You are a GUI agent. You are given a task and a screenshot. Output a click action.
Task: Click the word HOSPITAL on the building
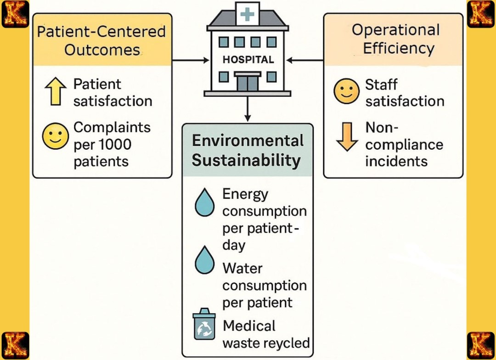point(248,60)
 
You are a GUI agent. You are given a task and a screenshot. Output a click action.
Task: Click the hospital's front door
point(247,83)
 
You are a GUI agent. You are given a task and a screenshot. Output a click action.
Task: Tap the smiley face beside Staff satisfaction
point(346,92)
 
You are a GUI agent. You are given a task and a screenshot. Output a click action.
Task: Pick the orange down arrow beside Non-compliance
point(347,136)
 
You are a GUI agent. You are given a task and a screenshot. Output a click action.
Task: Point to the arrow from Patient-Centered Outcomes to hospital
point(190,60)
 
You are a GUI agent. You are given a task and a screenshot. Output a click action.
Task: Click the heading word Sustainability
point(246,161)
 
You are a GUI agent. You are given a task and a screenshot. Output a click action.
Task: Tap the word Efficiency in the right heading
point(399,49)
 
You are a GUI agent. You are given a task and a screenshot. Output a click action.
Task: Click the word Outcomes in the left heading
point(101,50)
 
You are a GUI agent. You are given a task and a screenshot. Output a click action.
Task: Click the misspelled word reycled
point(287,343)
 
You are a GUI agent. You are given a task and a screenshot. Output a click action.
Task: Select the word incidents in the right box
point(396,161)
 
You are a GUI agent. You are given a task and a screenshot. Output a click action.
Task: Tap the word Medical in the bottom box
point(249,326)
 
